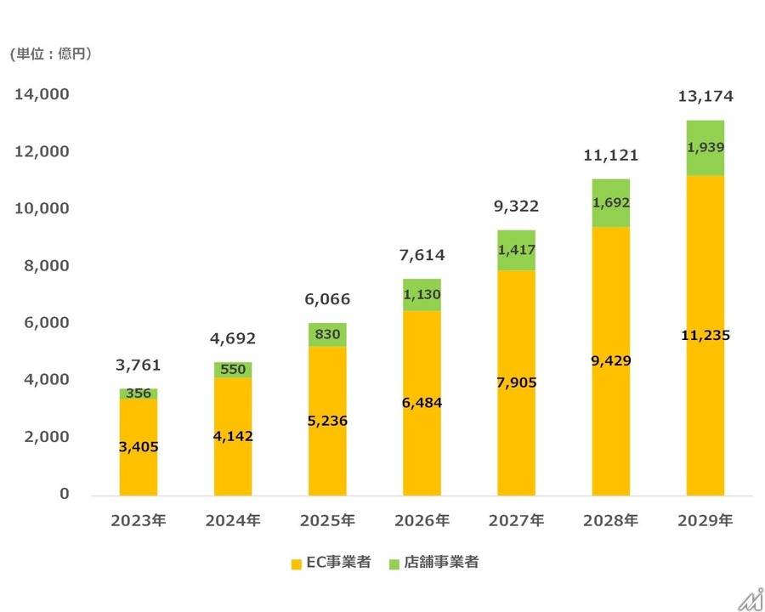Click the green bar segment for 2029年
point(705,149)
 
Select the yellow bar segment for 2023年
point(139,446)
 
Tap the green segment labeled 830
point(327,335)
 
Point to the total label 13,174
point(705,97)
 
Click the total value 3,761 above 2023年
point(139,366)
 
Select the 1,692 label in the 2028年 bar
point(611,203)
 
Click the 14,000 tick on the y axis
point(42,94)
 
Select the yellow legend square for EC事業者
point(296,564)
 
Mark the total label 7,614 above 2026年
point(422,255)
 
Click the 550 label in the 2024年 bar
point(233,370)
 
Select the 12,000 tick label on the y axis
point(42,151)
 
